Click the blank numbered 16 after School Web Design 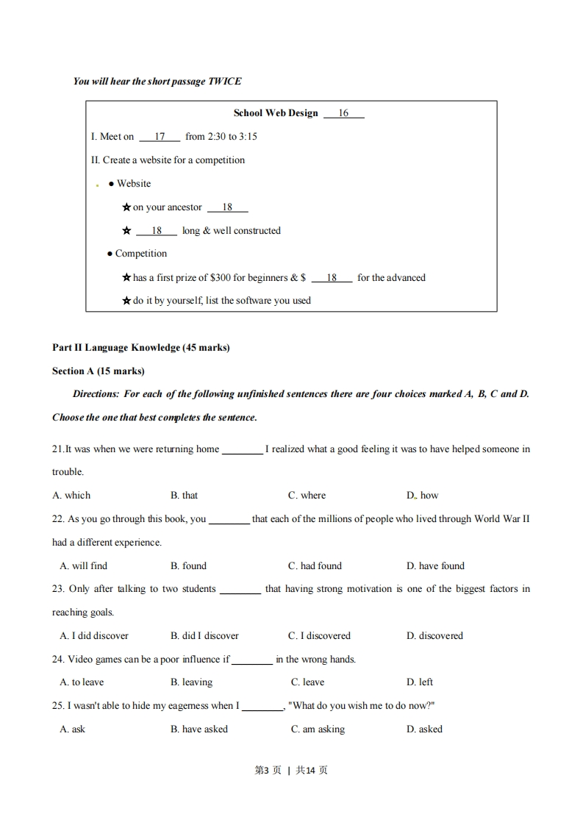(343, 114)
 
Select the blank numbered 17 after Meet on (159, 137)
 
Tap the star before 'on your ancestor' (126, 207)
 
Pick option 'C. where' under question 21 (307, 496)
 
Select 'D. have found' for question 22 (435, 566)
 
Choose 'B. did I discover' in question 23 (204, 636)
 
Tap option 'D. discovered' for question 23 (434, 636)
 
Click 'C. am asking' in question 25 (318, 729)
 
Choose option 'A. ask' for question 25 (73, 729)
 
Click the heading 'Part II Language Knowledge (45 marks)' (141, 348)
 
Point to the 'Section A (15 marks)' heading (99, 371)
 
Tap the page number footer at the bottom (291, 771)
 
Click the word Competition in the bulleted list (140, 254)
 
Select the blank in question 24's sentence (252, 660)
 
